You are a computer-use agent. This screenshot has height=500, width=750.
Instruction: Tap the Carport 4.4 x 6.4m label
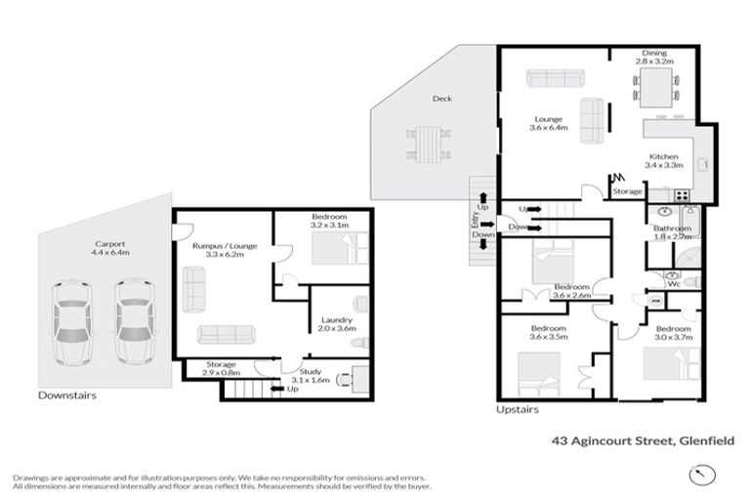click(107, 248)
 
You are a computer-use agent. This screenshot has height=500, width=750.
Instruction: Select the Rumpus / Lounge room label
click(224, 250)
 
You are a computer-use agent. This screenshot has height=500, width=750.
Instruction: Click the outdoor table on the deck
click(428, 144)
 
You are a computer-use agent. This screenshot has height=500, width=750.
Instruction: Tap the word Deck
click(442, 99)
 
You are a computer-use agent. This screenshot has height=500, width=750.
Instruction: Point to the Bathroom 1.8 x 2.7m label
click(672, 232)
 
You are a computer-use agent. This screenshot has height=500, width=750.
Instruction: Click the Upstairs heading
click(517, 410)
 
